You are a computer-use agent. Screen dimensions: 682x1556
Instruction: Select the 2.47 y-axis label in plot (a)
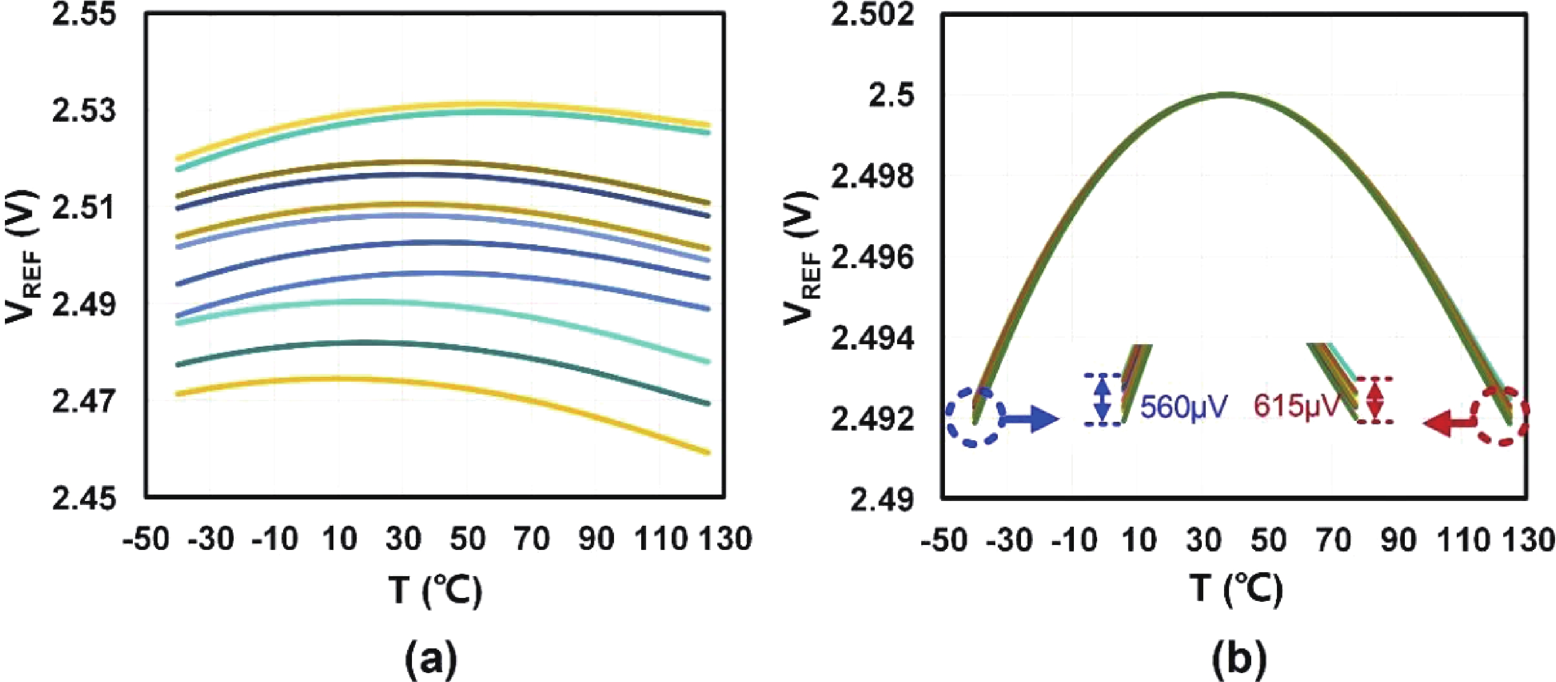point(83,402)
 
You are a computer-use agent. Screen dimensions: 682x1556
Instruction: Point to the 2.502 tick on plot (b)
point(872,14)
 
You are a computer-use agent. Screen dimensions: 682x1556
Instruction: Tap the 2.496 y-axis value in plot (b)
point(872,259)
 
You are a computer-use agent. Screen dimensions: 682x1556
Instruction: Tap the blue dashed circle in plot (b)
point(974,417)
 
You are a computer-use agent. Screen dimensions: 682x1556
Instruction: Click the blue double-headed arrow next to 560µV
point(1103,400)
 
